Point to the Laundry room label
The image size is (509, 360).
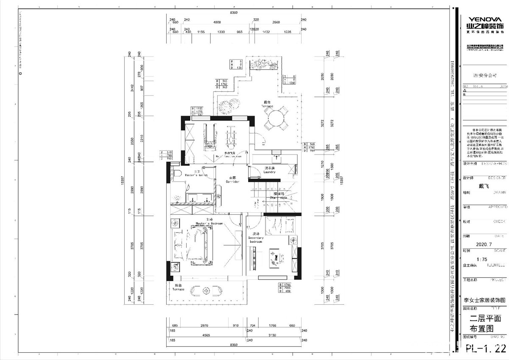(269, 170)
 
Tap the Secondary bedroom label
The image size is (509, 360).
(256, 240)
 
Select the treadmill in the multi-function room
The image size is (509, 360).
(209, 137)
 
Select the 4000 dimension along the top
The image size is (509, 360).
(217, 22)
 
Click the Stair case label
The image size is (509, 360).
(278, 197)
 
